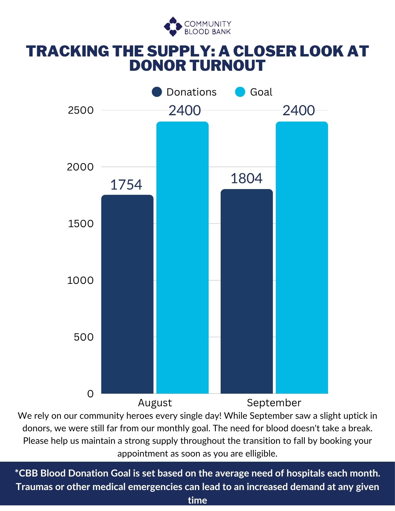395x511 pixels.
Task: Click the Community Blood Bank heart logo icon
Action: click(x=173, y=27)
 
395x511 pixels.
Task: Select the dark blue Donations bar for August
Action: click(x=127, y=294)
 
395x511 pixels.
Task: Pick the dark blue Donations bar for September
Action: click(x=247, y=291)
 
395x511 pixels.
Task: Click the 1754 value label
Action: click(x=126, y=185)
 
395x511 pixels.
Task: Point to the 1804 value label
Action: click(x=246, y=178)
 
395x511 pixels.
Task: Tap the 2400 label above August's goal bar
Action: click(x=185, y=111)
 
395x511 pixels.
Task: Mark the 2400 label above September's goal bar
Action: click(x=299, y=111)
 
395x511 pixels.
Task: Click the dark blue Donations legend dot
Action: click(x=157, y=92)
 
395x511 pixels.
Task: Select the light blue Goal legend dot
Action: click(x=240, y=92)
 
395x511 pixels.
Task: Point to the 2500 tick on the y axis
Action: click(x=81, y=110)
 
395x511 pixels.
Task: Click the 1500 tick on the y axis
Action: click(x=81, y=224)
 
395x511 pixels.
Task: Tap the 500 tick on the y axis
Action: click(x=84, y=337)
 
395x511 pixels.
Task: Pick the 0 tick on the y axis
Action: click(x=91, y=394)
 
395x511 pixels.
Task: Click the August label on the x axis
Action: click(x=155, y=403)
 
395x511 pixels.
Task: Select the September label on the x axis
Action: click(x=274, y=403)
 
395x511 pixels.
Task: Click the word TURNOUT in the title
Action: click(x=228, y=65)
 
